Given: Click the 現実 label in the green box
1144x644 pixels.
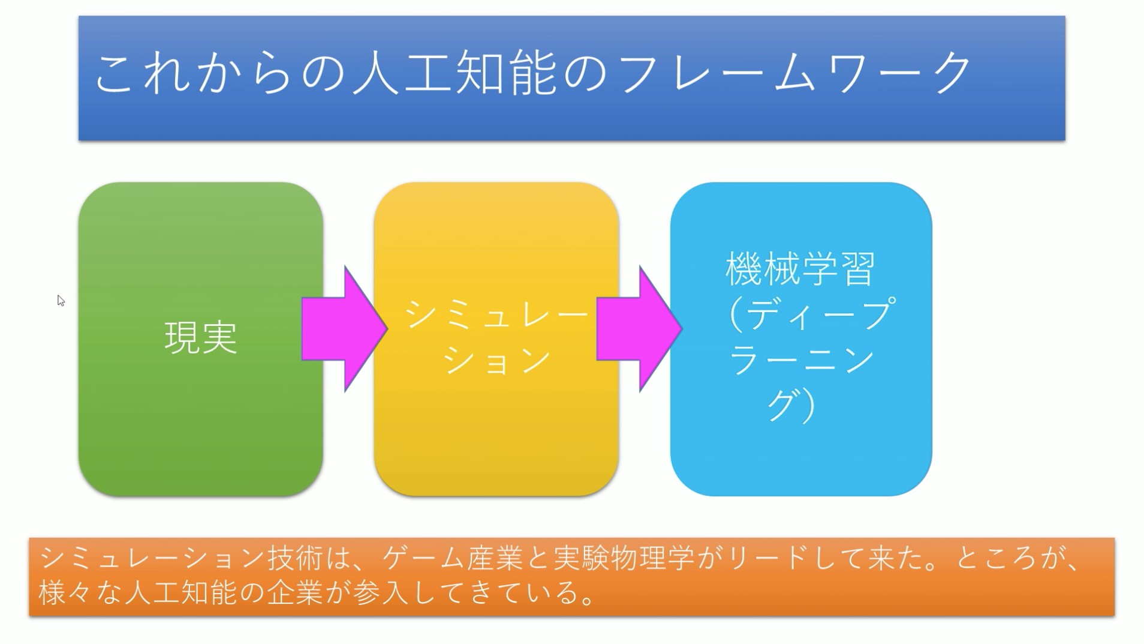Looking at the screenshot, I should pos(201,337).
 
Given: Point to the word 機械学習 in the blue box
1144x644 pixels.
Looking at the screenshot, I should pos(800,268).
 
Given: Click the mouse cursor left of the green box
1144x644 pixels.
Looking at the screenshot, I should pos(61,300).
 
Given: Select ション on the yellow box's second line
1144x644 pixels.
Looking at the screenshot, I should pos(497,360).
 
